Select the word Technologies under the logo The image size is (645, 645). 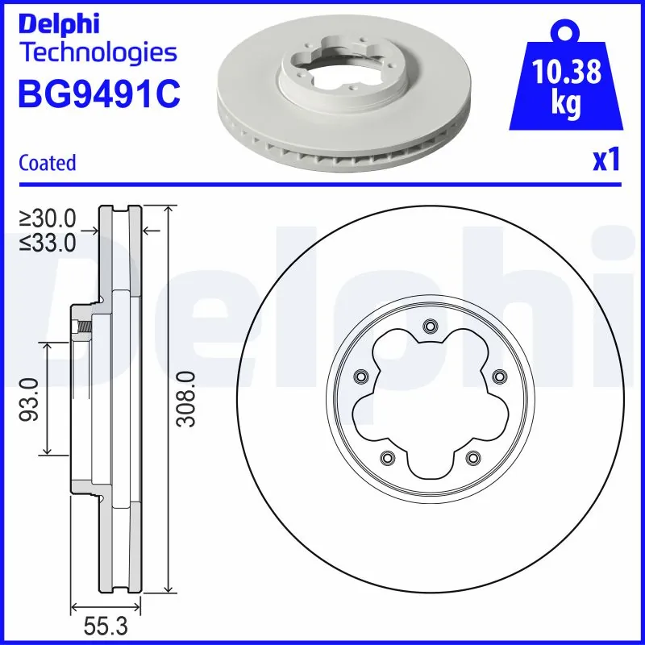(x=97, y=53)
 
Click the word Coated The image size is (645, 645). (x=48, y=163)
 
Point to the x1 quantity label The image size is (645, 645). (x=606, y=161)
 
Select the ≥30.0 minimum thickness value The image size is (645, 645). (x=48, y=218)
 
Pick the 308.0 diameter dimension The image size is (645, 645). (x=187, y=398)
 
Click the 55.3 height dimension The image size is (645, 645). (x=106, y=626)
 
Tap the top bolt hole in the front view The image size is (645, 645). (x=429, y=326)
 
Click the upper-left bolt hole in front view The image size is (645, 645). (x=360, y=376)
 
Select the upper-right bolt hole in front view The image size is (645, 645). (x=497, y=376)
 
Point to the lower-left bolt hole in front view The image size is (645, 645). (x=386, y=457)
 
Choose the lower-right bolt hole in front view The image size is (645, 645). (x=472, y=457)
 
